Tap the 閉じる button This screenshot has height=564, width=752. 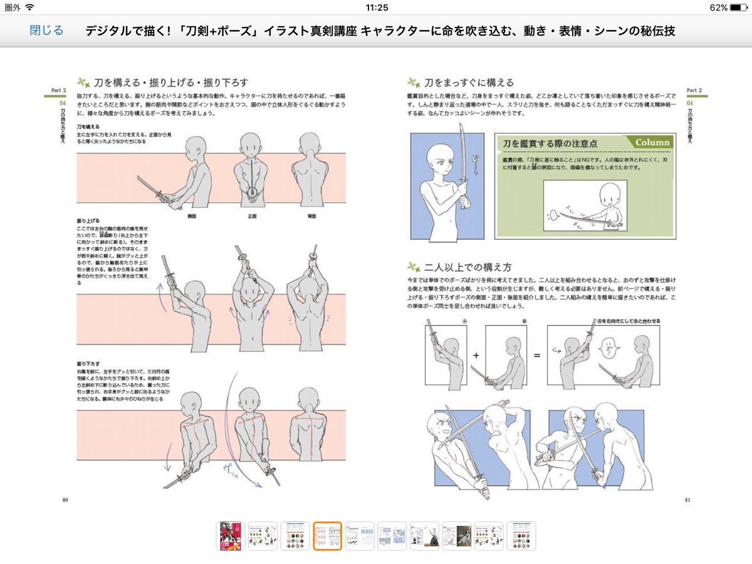(46, 30)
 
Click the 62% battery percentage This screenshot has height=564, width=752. (719, 8)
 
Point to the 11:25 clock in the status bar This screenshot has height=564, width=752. (376, 8)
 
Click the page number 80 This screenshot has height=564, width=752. (65, 499)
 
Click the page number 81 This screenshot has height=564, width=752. (687, 499)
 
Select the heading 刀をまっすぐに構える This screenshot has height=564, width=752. (469, 82)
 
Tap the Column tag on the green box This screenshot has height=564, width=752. (652, 142)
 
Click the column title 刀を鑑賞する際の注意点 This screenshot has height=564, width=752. (550, 144)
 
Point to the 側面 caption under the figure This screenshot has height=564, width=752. (193, 216)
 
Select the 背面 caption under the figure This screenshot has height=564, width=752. (311, 216)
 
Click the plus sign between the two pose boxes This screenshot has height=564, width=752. (476, 355)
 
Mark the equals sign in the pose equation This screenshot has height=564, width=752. (536, 355)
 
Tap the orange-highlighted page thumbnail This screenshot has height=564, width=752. (327, 536)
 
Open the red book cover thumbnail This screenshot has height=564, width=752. (231, 536)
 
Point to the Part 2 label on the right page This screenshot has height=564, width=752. (696, 90)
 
